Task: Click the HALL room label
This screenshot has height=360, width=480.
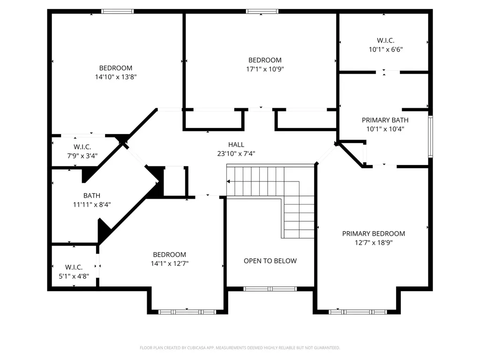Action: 236,144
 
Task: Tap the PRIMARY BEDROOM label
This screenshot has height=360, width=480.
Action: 374,233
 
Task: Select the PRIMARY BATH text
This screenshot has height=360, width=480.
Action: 385,120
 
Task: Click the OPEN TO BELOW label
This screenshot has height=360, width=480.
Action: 270,261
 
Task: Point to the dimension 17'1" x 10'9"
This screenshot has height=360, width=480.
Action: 265,69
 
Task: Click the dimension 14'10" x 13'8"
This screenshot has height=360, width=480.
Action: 116,77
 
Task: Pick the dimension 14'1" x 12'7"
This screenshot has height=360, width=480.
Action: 170,263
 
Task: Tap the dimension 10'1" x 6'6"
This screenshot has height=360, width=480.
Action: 386,49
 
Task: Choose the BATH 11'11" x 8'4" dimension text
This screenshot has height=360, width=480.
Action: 92,204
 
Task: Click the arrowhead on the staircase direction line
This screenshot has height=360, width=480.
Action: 228,181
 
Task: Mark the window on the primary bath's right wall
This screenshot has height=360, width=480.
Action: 430,136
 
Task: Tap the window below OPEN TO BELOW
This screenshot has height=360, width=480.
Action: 270,289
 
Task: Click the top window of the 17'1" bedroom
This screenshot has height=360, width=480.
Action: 262,11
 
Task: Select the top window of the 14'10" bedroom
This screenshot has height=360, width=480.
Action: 118,11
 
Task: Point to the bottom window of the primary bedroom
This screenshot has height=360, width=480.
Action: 358,312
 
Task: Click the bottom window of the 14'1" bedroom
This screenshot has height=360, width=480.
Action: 187,312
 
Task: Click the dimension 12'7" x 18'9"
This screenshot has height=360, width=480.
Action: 374,243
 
